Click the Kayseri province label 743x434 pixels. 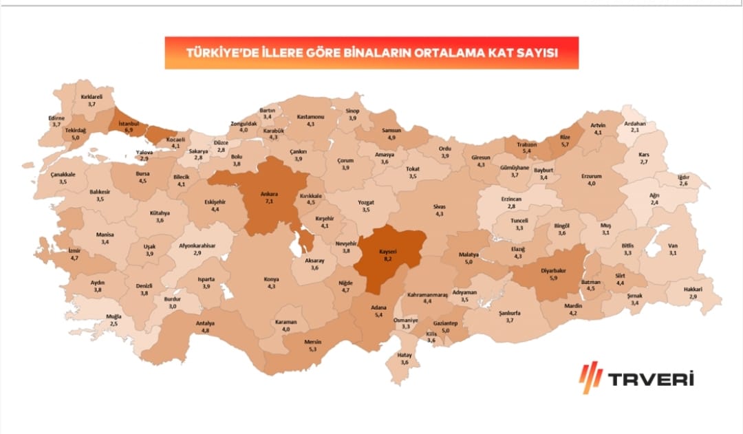[x=389, y=252]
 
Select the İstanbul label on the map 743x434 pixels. [x=128, y=123]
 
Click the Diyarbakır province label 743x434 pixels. [x=552, y=271]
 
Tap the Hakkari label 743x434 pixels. [x=693, y=290]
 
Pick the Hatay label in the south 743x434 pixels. [x=405, y=355]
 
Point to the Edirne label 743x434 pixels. [x=56, y=118]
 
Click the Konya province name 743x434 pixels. [x=271, y=279]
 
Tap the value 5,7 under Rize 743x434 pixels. [x=565, y=144]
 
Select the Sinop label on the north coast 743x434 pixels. [x=352, y=111]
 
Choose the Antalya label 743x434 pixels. [x=205, y=323]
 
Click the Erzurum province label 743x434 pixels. [x=591, y=176]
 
